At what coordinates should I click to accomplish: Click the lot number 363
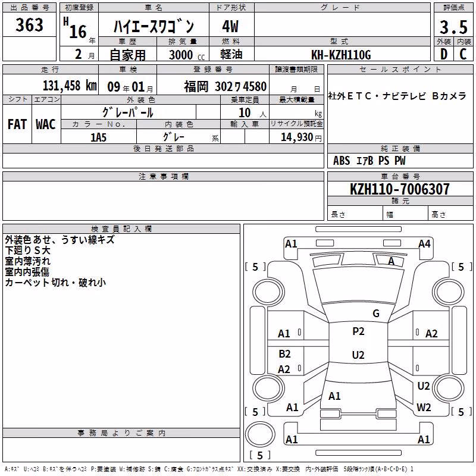[29, 24]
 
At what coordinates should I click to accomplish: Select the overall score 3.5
[453, 27]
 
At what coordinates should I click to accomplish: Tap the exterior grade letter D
[444, 54]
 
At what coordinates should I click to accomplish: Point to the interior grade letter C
[463, 54]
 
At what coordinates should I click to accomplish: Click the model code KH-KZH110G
[341, 55]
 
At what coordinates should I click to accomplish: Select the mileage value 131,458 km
[70, 86]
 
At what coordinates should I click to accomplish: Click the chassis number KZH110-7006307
[400, 189]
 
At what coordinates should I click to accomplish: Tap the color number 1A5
[98, 137]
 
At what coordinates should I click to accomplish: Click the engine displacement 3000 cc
[187, 55]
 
